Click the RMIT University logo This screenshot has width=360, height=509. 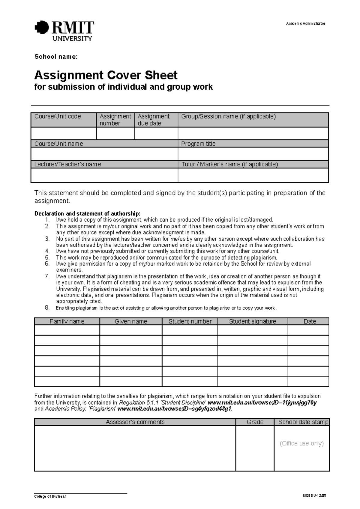64,30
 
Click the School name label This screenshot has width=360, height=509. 56,57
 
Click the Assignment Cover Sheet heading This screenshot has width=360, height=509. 106,75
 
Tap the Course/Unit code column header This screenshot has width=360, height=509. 58,117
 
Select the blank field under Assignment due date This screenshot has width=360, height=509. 156,133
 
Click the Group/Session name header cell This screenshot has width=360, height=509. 228,117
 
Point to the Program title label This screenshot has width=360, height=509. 198,144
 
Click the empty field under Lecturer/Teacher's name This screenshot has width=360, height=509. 104,175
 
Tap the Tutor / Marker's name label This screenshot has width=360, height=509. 229,164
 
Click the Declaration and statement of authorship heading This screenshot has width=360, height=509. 87,214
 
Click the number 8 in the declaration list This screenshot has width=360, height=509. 47,308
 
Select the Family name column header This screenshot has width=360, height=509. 67,321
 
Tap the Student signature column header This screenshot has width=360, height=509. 252,321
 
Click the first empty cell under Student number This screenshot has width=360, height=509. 190,330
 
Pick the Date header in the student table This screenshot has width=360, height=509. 310,321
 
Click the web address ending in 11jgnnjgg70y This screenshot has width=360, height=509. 262,403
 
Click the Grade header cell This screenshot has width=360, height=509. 255,422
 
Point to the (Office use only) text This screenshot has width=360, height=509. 301,443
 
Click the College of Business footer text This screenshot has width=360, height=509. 50,496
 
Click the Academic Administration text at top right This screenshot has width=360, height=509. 305,24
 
